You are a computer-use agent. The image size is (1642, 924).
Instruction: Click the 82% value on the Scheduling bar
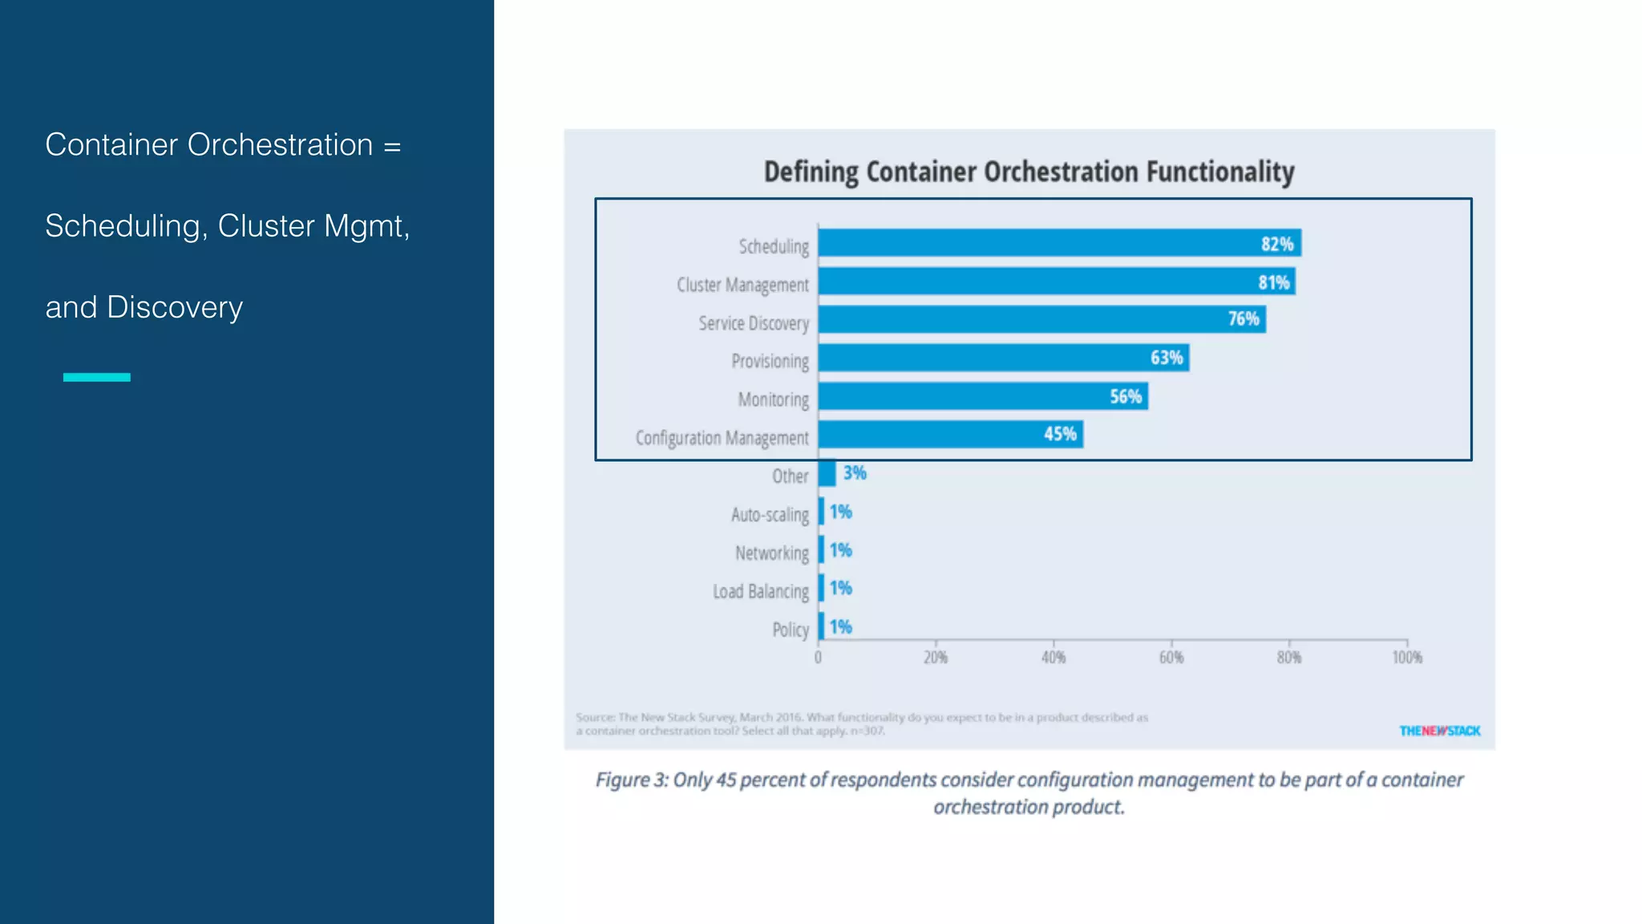point(1276,244)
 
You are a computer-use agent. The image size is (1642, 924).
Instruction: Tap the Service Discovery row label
point(753,323)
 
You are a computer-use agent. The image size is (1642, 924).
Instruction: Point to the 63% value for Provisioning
point(1166,358)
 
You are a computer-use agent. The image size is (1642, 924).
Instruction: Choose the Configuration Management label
point(722,438)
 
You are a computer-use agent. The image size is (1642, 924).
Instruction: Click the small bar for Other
point(827,473)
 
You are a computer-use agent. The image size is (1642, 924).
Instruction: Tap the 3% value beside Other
point(855,473)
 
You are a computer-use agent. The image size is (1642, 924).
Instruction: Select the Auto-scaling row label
point(769,515)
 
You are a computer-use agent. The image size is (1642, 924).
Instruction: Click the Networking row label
point(771,553)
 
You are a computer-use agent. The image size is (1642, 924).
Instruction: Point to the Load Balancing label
point(760,592)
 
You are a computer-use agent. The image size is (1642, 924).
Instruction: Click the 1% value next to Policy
point(840,626)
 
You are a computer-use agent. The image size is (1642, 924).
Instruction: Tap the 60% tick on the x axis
point(1171,658)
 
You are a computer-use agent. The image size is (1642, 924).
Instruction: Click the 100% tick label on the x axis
point(1406,658)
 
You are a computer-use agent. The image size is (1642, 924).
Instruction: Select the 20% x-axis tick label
point(935,658)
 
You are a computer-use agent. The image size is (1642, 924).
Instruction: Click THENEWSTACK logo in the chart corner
point(1439,731)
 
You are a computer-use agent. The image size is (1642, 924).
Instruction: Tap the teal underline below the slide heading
point(96,377)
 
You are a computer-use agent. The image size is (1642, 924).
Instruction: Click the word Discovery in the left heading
point(174,307)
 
